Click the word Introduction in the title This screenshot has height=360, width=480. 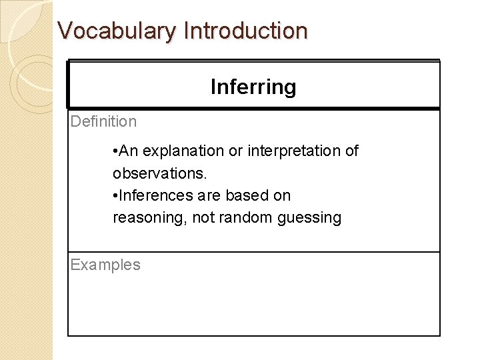245,31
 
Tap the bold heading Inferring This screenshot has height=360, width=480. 253,87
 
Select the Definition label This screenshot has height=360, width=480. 103,121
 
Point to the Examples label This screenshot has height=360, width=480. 105,265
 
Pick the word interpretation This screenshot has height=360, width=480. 295,151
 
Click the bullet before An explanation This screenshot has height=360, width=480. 115,151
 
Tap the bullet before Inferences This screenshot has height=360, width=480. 115,196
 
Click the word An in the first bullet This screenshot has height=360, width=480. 129,151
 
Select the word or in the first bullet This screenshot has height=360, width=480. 236,151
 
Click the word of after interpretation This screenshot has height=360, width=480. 351,151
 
